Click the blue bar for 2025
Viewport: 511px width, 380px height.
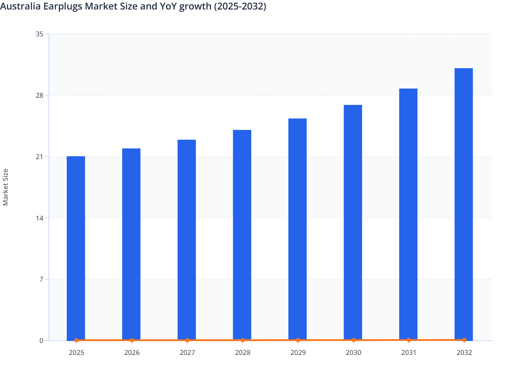(76, 248)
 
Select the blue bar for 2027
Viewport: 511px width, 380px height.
(187, 240)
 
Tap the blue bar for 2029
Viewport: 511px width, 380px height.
(298, 229)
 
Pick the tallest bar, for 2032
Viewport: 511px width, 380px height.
(464, 204)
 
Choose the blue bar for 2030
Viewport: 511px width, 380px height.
(353, 222)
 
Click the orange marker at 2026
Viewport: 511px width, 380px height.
(132, 340)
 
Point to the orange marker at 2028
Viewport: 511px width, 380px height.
(243, 340)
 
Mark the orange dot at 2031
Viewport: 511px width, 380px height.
(409, 340)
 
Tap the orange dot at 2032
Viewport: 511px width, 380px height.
(464, 340)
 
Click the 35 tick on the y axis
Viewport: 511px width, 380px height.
(40, 34)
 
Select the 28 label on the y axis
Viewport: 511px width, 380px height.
(40, 95)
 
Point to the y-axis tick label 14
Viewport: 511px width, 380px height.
(40, 218)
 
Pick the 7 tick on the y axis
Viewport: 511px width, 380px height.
(41, 279)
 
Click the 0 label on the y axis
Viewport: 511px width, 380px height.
(41, 341)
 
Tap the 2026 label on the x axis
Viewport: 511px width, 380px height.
(132, 353)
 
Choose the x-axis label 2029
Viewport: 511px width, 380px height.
(298, 353)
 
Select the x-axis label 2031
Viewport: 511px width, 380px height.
(409, 353)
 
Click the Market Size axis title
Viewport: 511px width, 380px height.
(5, 187)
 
